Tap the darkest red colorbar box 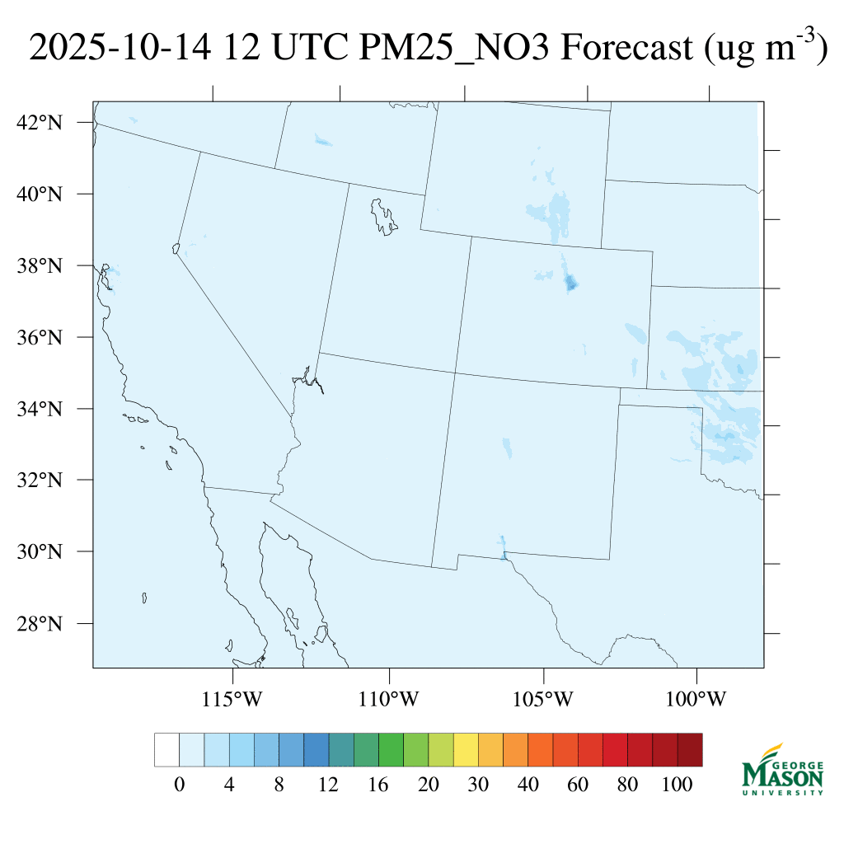coord(690,749)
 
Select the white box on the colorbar coord(166,749)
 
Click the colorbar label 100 coord(678,785)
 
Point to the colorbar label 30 coord(478,785)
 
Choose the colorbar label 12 coord(329,785)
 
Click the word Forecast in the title coord(626,49)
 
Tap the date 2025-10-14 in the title coord(120,49)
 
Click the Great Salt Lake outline coord(383,215)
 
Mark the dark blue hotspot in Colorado coord(570,284)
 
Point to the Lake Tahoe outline coord(176,247)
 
